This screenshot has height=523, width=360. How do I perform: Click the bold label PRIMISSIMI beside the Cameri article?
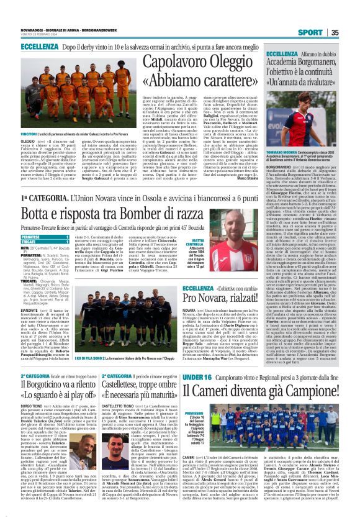pyautogui.click(x=194, y=412)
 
